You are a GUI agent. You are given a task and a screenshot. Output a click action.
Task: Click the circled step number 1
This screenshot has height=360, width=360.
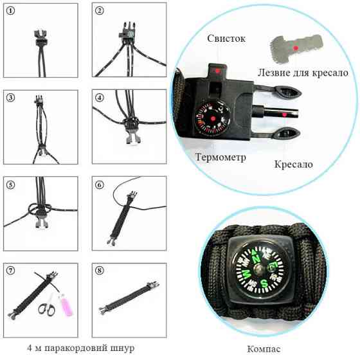12,11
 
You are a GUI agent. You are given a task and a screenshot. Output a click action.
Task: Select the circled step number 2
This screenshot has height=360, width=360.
100,11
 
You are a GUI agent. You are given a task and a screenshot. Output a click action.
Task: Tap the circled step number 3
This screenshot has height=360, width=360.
12,98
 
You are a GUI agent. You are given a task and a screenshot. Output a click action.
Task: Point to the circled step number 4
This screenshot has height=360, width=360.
100,98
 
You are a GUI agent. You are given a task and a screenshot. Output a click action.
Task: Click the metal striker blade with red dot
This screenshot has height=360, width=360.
294,48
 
